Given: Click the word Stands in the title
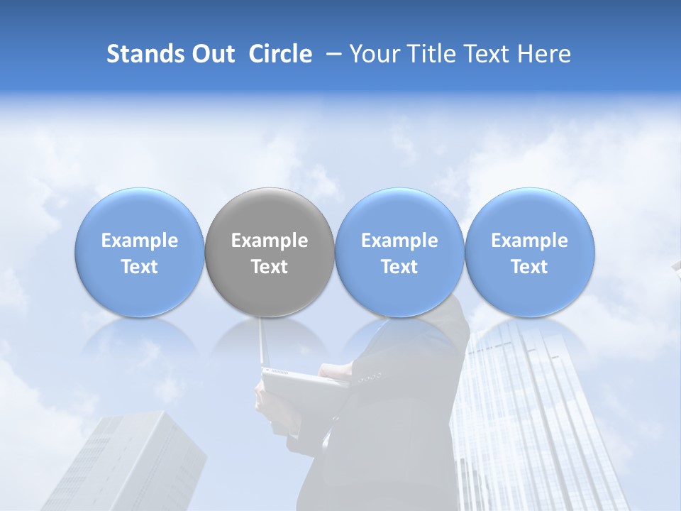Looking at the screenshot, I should coord(145,54).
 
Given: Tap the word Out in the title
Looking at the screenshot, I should coord(212,54).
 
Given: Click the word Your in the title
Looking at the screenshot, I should coord(373,54).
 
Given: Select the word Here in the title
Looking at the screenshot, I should coord(545,54).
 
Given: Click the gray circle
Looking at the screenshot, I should coord(270,213).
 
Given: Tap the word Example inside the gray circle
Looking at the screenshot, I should coord(270,241).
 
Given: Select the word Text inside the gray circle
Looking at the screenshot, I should coord(270,267).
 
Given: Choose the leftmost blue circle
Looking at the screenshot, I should coord(140,213).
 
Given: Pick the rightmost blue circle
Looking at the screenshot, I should coord(530,213).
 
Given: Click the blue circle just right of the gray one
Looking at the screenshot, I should coord(399,213).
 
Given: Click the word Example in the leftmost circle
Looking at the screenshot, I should coord(140,241).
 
